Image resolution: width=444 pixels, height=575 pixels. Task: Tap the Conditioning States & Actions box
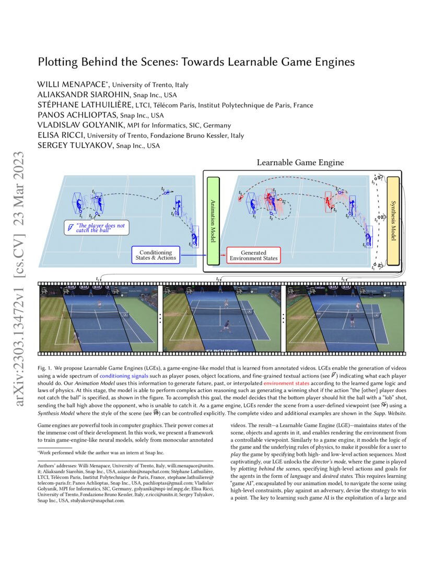[x=155, y=255]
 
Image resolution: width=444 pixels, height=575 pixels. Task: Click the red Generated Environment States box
[x=253, y=255]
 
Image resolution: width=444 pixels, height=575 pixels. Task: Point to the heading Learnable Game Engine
[x=300, y=163]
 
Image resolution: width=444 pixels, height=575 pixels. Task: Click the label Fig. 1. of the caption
[x=45, y=362]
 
